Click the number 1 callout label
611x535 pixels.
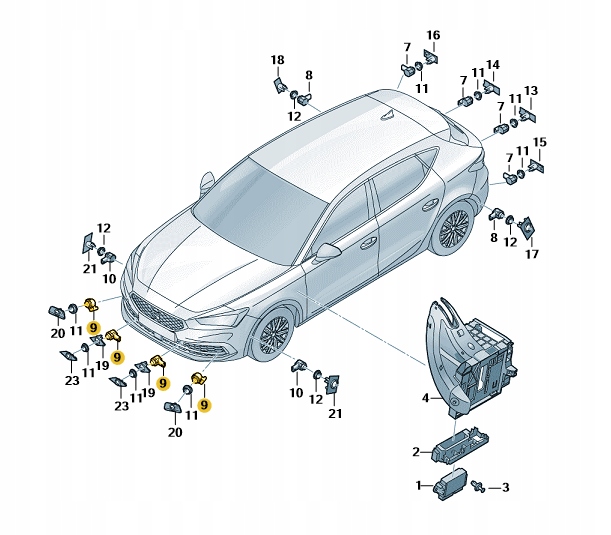coord(418,486)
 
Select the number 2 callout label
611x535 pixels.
coord(416,451)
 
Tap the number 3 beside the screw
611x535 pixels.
coord(506,487)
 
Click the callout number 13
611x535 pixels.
coord(531,90)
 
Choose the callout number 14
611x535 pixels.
coord(492,66)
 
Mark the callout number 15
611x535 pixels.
coord(540,142)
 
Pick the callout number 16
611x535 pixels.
coord(433,35)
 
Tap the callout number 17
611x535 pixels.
coord(532,255)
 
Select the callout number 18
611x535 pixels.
coord(277,60)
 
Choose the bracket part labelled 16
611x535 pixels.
coord(432,56)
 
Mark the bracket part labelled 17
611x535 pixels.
coord(528,229)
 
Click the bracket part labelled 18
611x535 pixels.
coord(279,84)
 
